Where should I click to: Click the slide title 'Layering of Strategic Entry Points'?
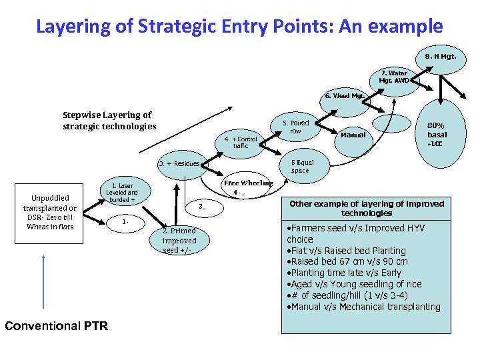pos(239,27)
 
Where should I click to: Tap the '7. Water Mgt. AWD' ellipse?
pos(394,77)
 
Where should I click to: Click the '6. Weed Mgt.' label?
pos(344,96)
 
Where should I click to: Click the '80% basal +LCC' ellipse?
pos(436,133)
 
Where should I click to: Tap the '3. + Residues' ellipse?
pos(179,163)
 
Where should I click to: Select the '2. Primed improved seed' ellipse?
pos(179,241)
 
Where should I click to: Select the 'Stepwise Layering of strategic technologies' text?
pos(109,121)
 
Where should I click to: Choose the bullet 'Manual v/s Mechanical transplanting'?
pos(363,307)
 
